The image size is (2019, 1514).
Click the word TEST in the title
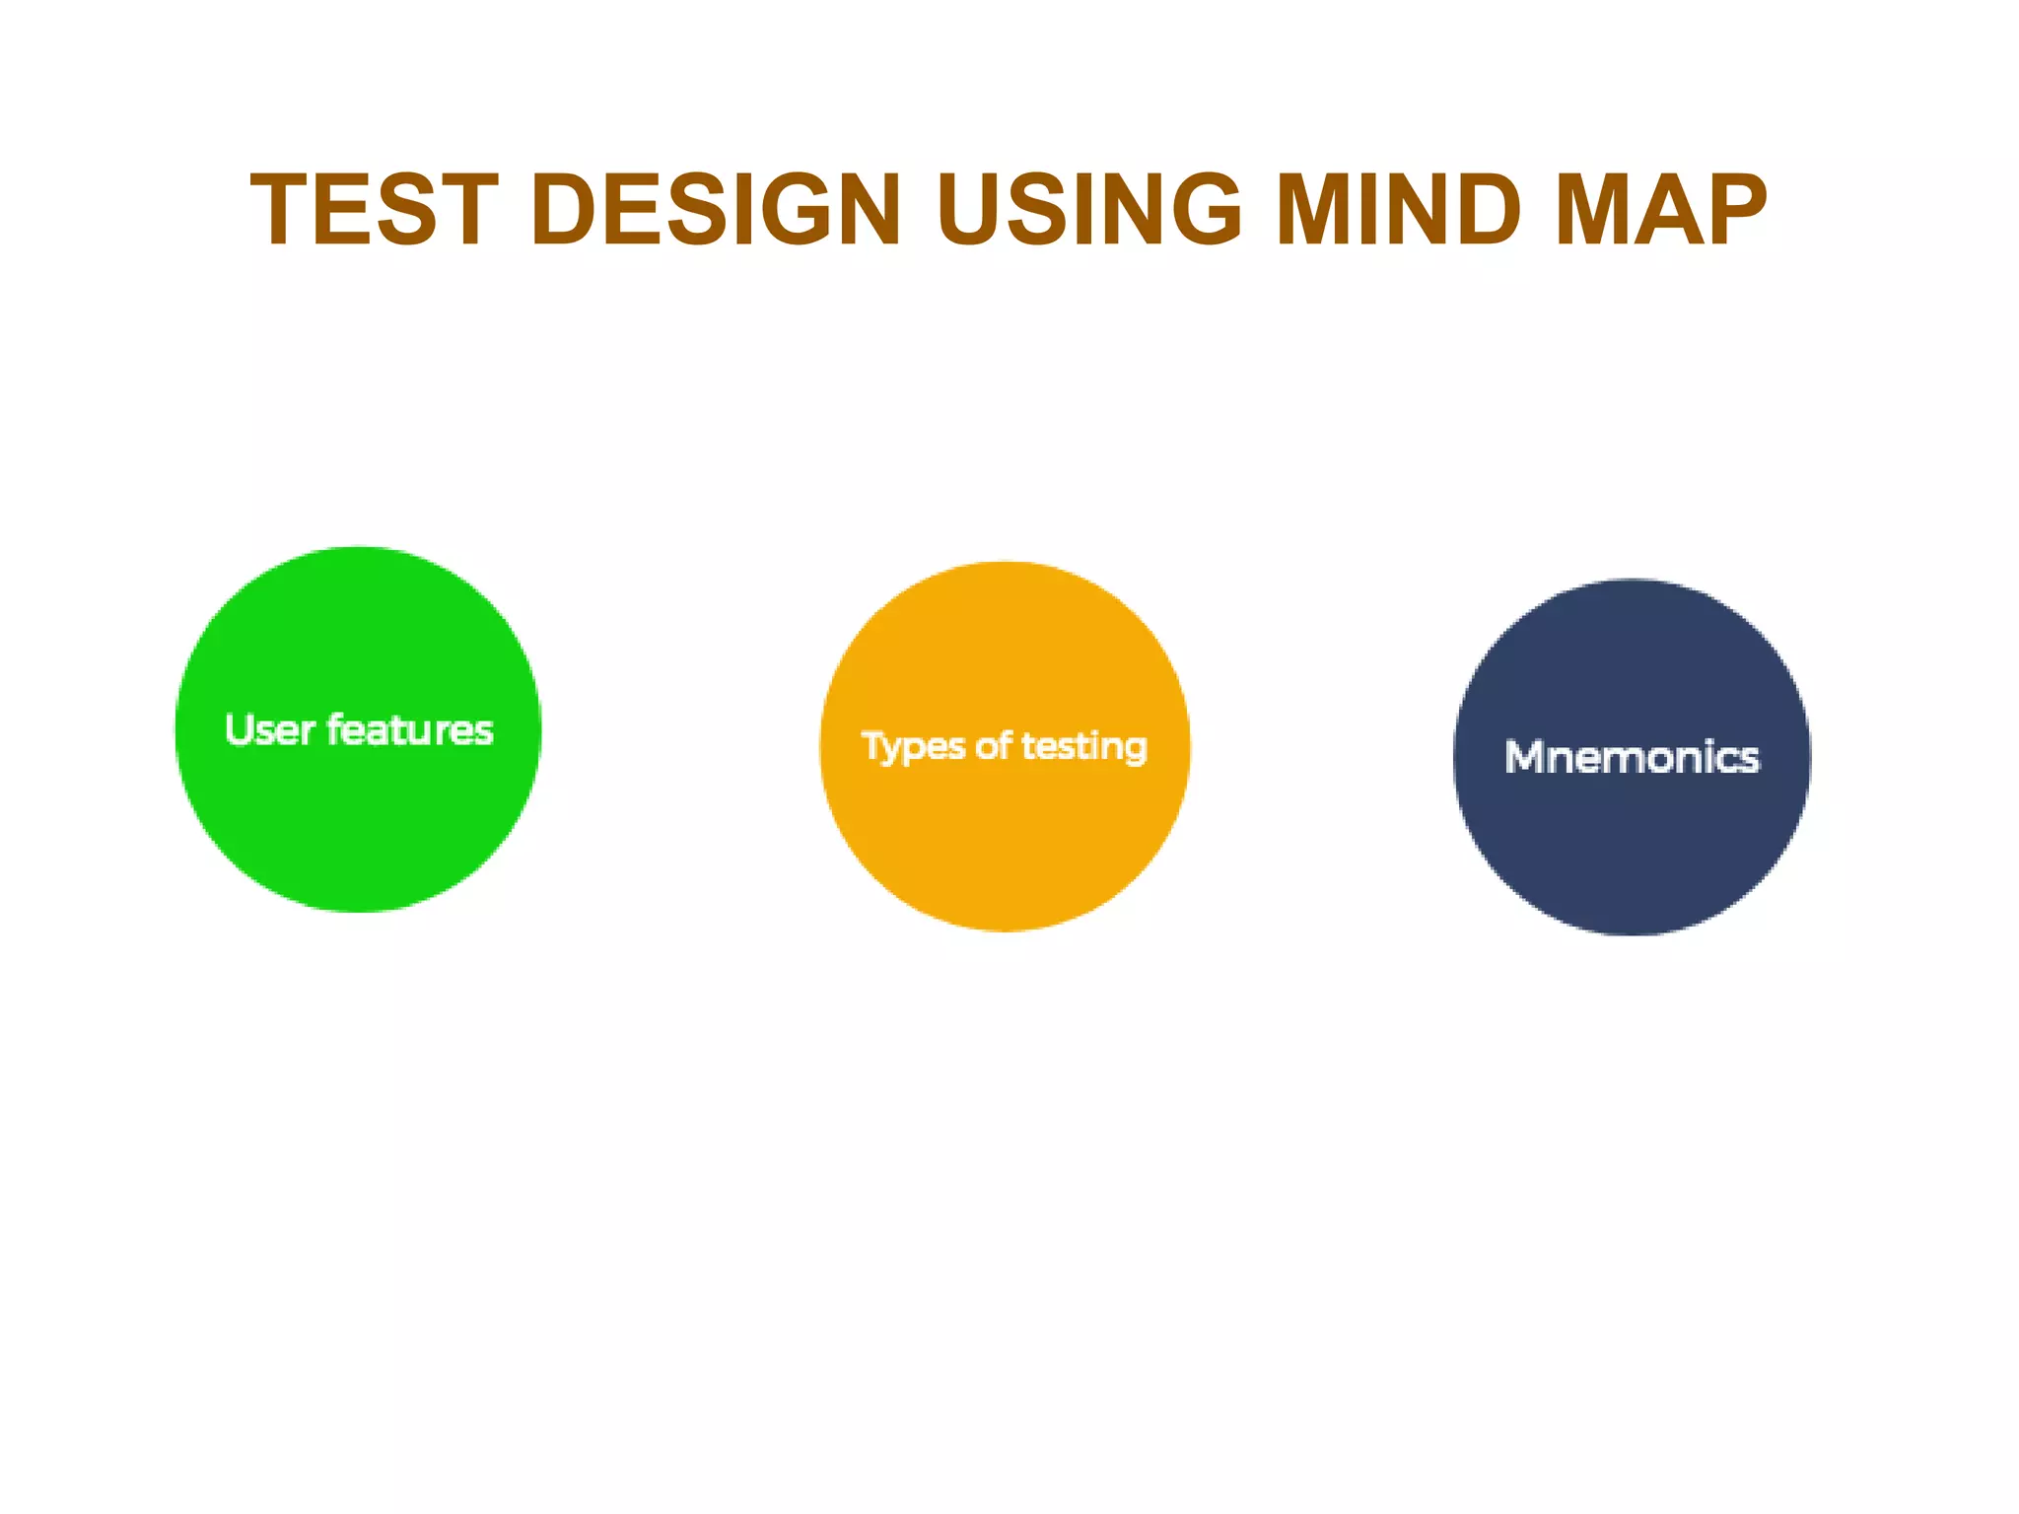pyautogui.click(x=374, y=210)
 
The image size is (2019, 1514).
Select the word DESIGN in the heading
pyautogui.click(x=716, y=210)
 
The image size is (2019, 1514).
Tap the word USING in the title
pyautogui.click(x=1089, y=210)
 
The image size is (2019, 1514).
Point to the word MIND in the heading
pyautogui.click(x=1399, y=210)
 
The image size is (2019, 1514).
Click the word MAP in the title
pyautogui.click(x=1661, y=210)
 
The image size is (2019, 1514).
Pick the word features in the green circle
pyautogui.click(x=410, y=730)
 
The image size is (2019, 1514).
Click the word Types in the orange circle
pyautogui.click(x=913, y=747)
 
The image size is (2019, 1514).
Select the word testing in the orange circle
pyautogui.click(x=1084, y=747)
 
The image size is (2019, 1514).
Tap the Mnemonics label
pyautogui.click(x=1632, y=757)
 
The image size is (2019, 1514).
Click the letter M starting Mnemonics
pyautogui.click(x=1524, y=757)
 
